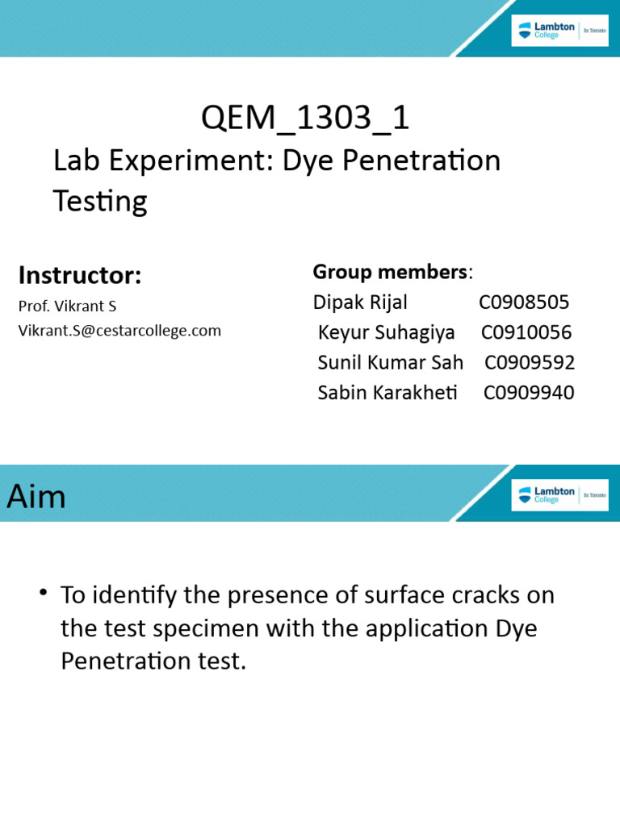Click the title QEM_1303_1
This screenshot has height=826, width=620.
pos(305,119)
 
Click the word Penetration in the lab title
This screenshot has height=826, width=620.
pos(421,161)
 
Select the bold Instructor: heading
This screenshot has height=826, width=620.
pos(80,276)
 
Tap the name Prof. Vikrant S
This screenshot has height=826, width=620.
pos(67,307)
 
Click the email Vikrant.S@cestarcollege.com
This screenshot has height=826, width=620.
pos(119,330)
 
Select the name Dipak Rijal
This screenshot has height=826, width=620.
pos(360,302)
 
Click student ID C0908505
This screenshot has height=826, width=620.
pos(524,302)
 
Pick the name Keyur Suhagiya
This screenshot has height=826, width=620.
pos(386,332)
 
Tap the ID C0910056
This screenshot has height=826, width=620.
pos(526,332)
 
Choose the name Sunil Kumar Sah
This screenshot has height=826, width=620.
pos(390,363)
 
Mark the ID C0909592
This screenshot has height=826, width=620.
pos(530,363)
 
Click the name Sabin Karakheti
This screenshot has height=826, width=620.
pos(387,393)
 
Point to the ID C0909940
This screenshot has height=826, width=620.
pos(529,393)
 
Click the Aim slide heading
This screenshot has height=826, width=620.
pos(36,497)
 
